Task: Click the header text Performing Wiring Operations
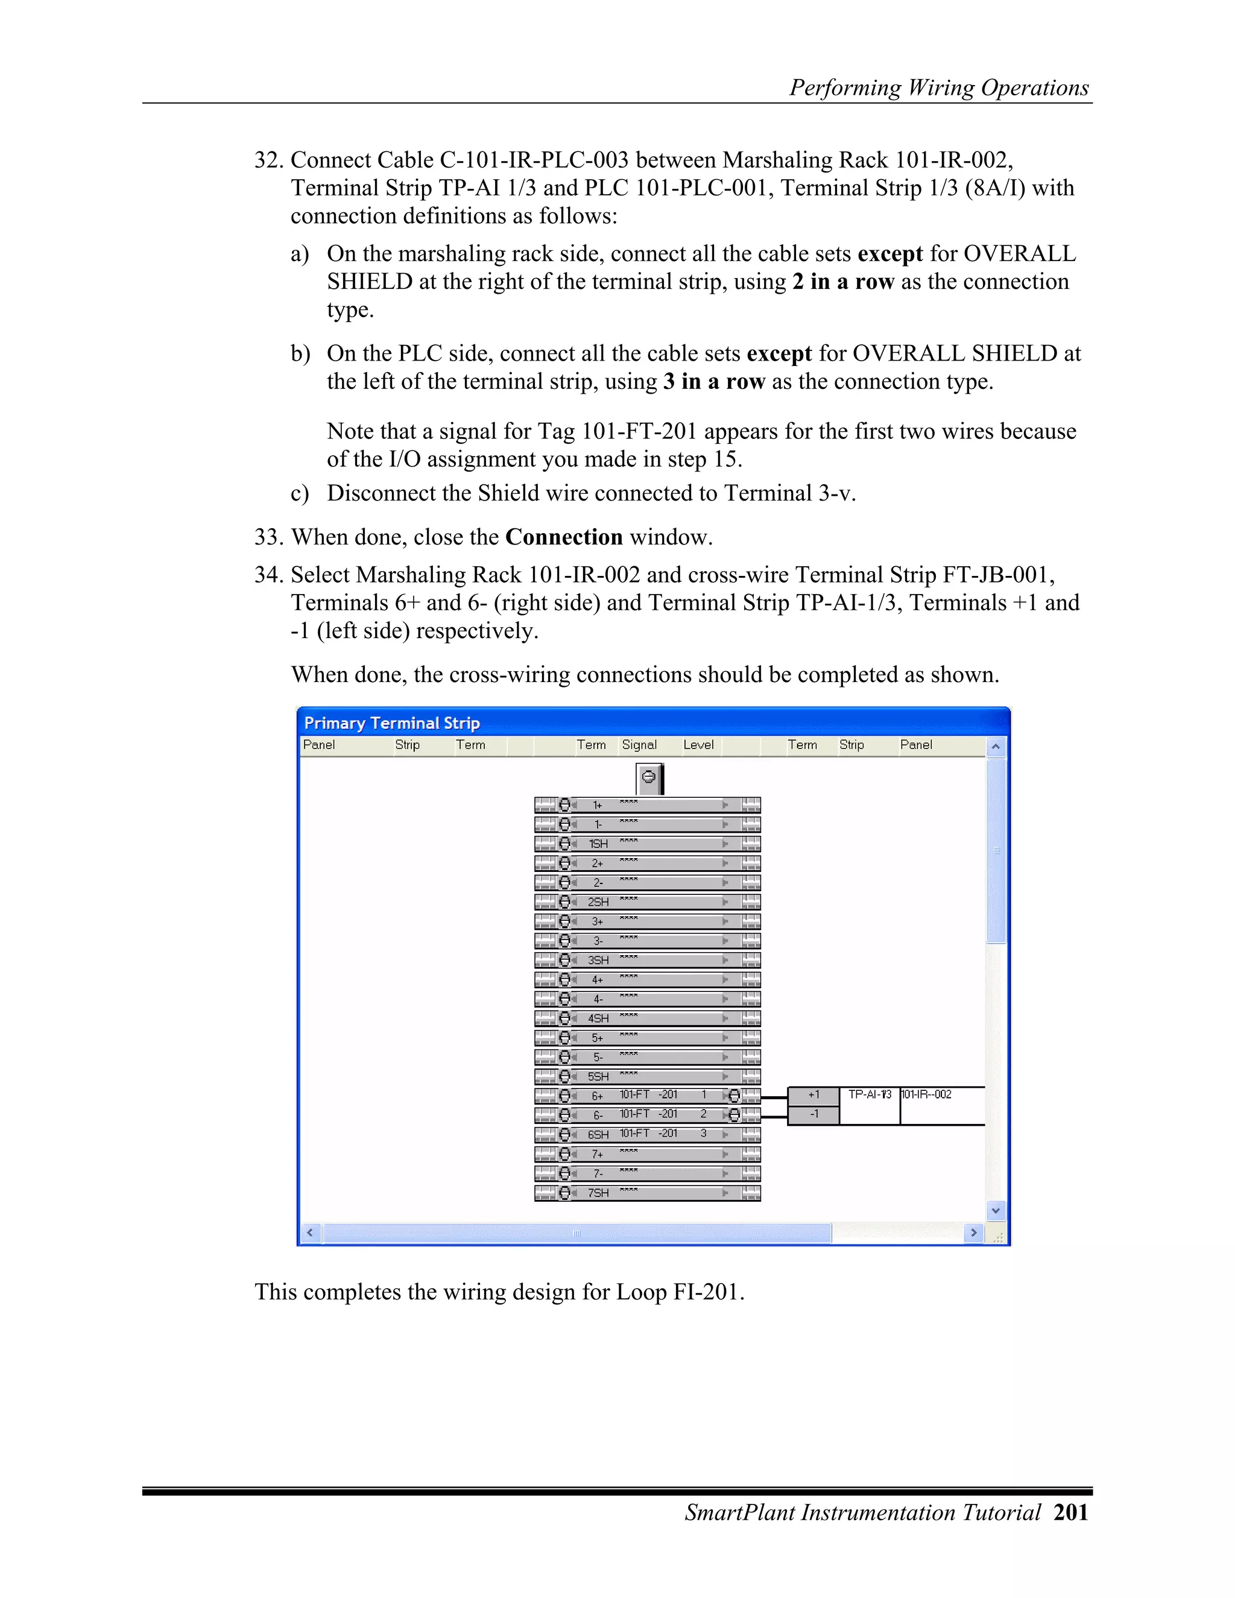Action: coord(939,88)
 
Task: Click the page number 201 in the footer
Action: coord(1071,1512)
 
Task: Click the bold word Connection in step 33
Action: coord(563,537)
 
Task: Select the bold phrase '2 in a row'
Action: coord(843,282)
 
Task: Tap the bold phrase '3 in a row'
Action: coord(713,382)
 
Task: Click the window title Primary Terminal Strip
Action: coord(392,723)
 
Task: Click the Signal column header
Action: coord(639,745)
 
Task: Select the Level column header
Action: coord(698,745)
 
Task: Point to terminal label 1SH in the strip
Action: coord(598,844)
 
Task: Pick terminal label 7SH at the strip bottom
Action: coord(598,1193)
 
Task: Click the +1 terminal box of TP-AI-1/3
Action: coord(813,1095)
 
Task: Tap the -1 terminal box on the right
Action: coord(813,1114)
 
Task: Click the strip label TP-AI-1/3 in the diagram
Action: coord(869,1094)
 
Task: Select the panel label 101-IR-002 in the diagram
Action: coord(926,1094)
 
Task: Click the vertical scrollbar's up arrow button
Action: coord(995,747)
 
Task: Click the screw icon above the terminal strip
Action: coord(648,778)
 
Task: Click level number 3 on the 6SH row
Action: coord(703,1134)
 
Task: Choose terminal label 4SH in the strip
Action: coord(598,1018)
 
